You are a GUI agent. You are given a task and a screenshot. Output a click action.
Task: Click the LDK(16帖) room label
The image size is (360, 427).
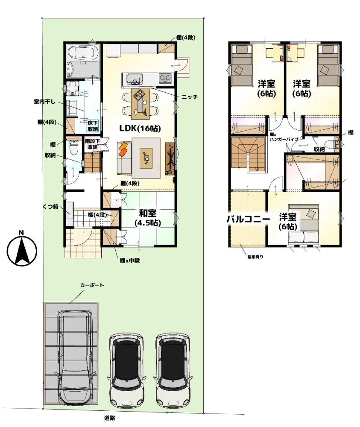140,128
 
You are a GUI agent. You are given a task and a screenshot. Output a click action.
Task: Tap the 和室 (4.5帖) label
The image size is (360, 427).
148,218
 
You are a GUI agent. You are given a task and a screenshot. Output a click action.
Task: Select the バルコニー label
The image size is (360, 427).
248,219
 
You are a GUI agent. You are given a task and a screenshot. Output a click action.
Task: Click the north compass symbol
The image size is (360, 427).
21,249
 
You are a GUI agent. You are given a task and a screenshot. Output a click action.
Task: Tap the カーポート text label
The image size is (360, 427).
92,285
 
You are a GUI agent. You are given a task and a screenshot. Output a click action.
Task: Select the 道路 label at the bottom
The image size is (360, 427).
109,418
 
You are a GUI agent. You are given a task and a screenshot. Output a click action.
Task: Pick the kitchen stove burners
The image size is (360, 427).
165,79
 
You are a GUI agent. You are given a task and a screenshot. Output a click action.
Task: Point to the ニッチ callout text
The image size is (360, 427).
190,97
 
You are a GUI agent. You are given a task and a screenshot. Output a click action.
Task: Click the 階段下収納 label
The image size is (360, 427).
93,144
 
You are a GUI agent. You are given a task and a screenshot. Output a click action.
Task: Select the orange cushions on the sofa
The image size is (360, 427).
123,149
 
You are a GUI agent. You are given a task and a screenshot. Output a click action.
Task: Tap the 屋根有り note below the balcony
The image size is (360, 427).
255,257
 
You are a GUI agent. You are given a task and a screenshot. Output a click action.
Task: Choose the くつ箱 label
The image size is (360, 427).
51,207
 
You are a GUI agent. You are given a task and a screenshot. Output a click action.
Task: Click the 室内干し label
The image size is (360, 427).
45,102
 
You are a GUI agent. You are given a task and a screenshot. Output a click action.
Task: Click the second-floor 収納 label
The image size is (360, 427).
319,149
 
